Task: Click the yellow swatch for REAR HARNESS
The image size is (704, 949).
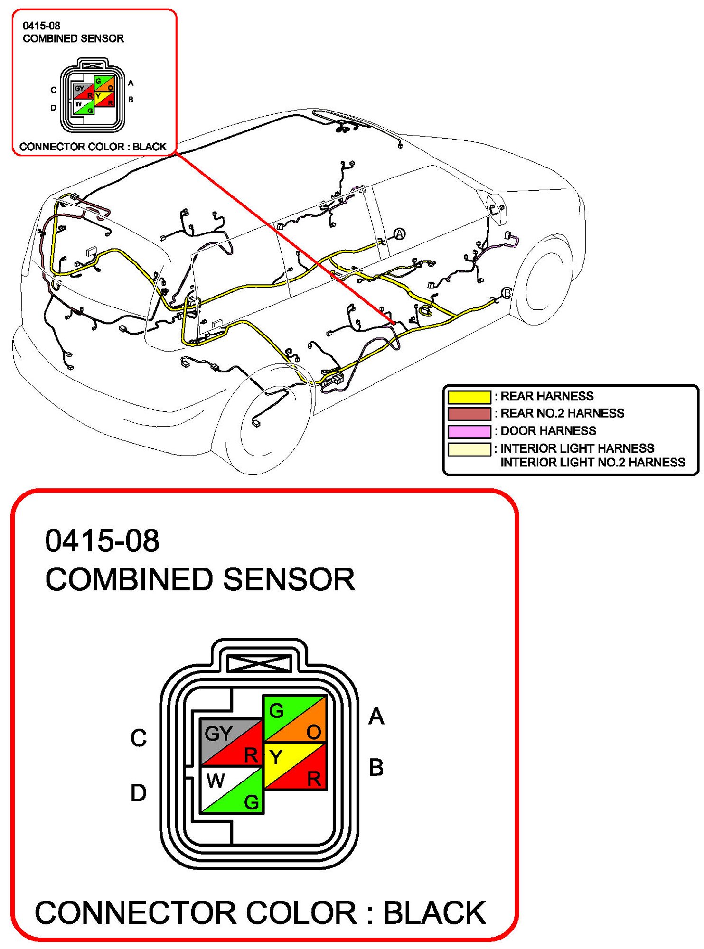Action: coord(469,397)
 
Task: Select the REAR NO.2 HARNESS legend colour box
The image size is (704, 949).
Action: coord(469,414)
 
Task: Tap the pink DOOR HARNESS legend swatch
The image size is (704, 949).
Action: coord(469,431)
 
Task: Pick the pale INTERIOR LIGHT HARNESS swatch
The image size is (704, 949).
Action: coord(469,449)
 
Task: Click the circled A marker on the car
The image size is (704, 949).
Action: coord(400,234)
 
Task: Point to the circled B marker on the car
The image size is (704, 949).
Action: coord(507,293)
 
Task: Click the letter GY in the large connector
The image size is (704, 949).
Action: coord(218,734)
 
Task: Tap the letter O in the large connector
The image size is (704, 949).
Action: coord(314,732)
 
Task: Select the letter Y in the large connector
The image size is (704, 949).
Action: coord(276,757)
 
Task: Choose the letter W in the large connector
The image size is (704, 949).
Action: coord(216,781)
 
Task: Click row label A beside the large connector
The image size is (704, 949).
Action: coord(376,716)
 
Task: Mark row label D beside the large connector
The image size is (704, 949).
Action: coord(138,793)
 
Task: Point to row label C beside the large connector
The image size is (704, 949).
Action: coord(139,738)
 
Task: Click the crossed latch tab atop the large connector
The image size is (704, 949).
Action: coord(259,662)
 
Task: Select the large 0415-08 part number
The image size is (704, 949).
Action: coord(102,540)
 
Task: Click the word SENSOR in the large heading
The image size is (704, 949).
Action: coord(289,579)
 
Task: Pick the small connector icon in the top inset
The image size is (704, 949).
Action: coord(93,95)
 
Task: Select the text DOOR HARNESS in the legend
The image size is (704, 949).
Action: coord(548,431)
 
